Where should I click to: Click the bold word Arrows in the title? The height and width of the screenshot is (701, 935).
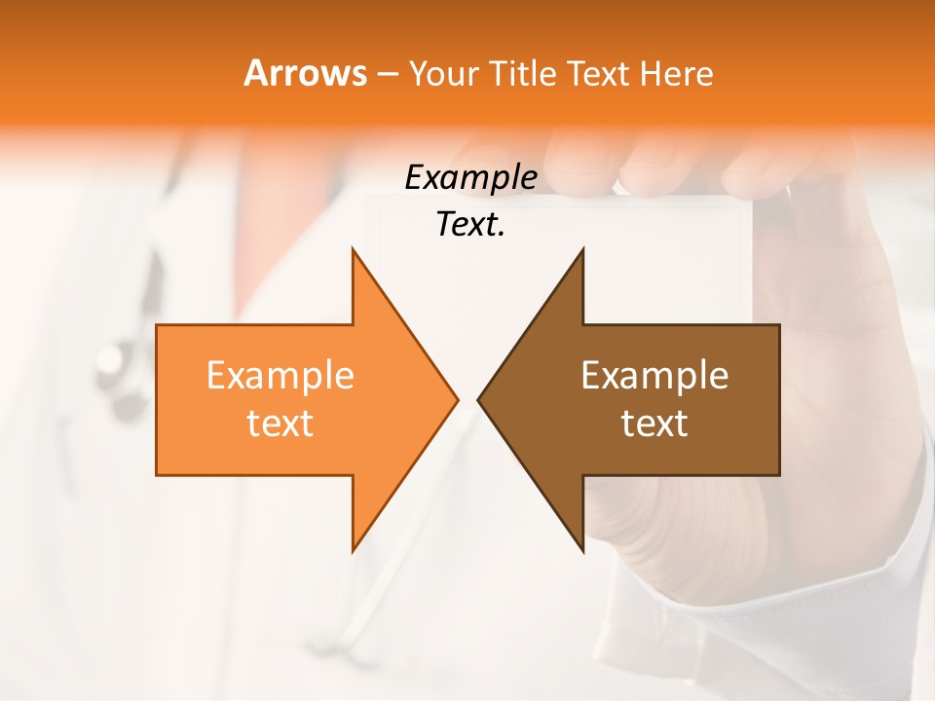(305, 73)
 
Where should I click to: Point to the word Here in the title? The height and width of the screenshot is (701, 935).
(676, 73)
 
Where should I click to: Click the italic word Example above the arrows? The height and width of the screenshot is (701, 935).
(470, 178)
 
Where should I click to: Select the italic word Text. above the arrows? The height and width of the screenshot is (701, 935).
(470, 225)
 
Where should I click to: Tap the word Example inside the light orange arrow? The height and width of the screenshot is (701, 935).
(280, 375)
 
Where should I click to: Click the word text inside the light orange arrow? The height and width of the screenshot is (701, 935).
(280, 424)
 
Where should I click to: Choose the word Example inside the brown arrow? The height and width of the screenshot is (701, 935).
(654, 375)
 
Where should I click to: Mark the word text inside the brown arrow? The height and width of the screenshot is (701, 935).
(654, 424)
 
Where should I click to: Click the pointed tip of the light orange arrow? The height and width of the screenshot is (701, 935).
(457, 399)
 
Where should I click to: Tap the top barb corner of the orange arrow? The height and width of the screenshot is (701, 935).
(353, 249)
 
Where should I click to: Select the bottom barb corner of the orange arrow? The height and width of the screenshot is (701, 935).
(353, 551)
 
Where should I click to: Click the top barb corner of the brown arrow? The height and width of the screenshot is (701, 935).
(582, 249)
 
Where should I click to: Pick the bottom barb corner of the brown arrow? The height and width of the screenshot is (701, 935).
(582, 551)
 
